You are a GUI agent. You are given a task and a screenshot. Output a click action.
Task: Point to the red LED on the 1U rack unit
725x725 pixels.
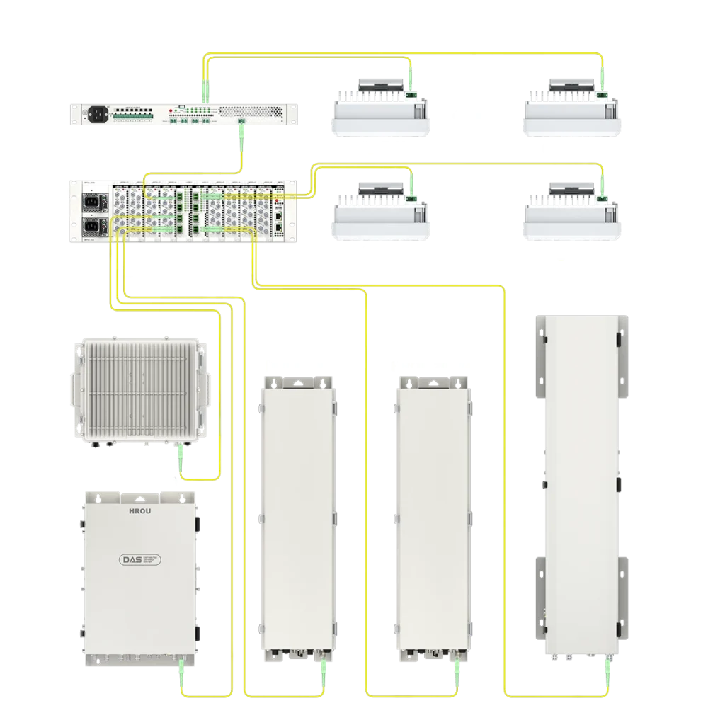pyautogui.click(x=171, y=111)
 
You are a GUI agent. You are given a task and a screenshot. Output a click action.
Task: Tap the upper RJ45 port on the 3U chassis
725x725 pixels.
pyautogui.click(x=279, y=213)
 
